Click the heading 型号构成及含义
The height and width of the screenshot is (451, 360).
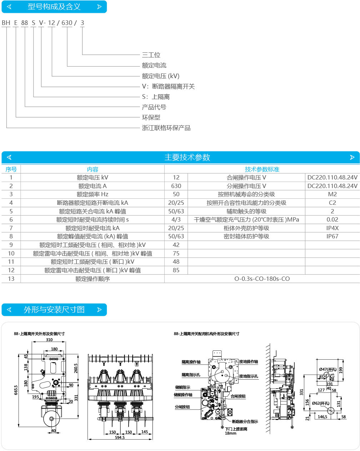click(x=54, y=7)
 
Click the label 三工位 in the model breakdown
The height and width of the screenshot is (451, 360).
click(x=151, y=55)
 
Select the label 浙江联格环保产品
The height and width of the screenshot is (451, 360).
click(x=166, y=128)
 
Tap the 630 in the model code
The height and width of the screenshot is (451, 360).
click(x=67, y=23)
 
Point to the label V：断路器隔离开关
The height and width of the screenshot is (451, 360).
click(x=168, y=86)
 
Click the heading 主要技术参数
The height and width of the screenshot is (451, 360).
click(x=187, y=157)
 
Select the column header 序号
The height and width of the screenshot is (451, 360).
click(x=11, y=169)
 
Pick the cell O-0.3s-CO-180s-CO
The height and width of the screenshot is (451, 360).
click(x=262, y=279)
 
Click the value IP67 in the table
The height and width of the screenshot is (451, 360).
click(x=332, y=236)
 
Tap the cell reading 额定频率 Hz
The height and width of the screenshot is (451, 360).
click(x=92, y=194)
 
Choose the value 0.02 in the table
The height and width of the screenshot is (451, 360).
click(x=332, y=219)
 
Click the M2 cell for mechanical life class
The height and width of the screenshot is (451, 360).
click(x=332, y=194)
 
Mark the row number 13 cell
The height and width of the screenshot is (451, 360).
click(x=11, y=279)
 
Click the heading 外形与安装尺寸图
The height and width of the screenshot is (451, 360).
click(x=54, y=310)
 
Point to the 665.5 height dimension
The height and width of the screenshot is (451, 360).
click(x=16, y=390)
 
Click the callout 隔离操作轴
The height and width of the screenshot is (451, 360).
click(x=191, y=362)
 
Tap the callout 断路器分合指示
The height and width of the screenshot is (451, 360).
click(x=245, y=422)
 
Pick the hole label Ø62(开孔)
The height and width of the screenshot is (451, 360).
click(x=320, y=404)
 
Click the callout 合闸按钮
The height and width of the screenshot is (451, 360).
click(x=238, y=396)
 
